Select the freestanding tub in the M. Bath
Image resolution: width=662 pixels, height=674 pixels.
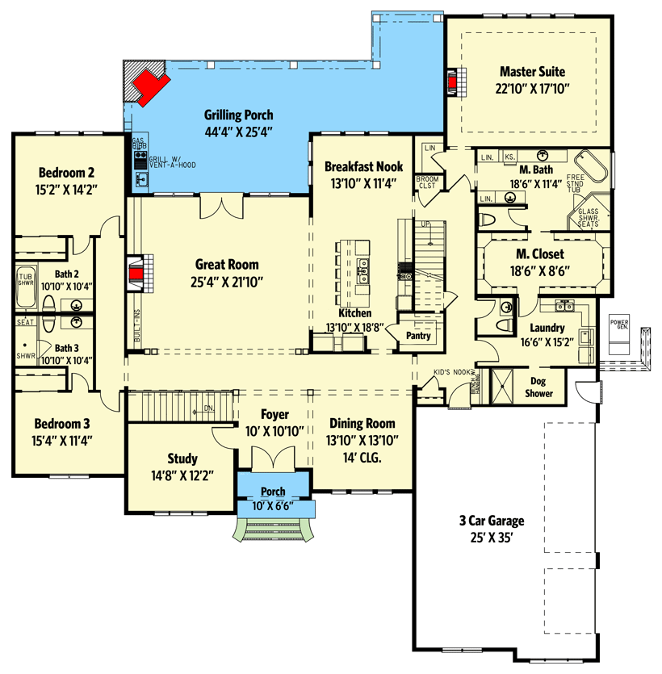point(595,165)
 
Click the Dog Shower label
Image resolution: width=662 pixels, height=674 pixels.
point(540,387)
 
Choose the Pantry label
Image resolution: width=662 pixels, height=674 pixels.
point(417,336)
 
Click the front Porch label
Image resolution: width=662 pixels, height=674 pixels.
point(272,492)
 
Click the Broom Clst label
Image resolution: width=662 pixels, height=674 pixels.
point(425,182)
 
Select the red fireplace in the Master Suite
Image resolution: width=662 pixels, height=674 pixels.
point(452,82)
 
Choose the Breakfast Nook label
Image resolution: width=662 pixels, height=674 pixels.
point(362,166)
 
